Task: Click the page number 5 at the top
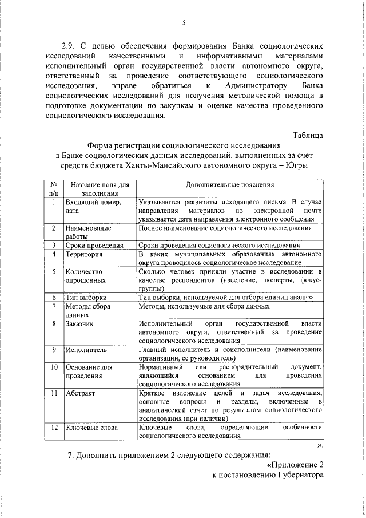pos(184,23)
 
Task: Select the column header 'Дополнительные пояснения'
pos(230,185)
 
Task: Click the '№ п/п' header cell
pos(53,189)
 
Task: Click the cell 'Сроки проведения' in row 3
pos(94,246)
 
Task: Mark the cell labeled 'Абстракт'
pos(81,394)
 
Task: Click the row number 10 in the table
pos(53,366)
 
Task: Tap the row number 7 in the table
pos(53,306)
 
